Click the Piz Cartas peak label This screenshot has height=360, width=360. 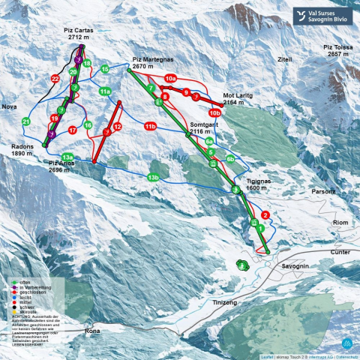coord(79,33)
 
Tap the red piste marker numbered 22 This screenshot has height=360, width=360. coord(55,78)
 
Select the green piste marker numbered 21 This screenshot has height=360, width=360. coord(25,121)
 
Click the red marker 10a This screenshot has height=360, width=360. coord(170,78)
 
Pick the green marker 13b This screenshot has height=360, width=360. coord(153,177)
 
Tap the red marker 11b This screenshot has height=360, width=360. coord(150,127)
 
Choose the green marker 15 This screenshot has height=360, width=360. coord(105,69)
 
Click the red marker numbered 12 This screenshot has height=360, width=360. coord(117,127)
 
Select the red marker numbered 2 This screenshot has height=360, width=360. coord(265,214)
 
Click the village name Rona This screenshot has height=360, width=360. coord(92,330)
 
